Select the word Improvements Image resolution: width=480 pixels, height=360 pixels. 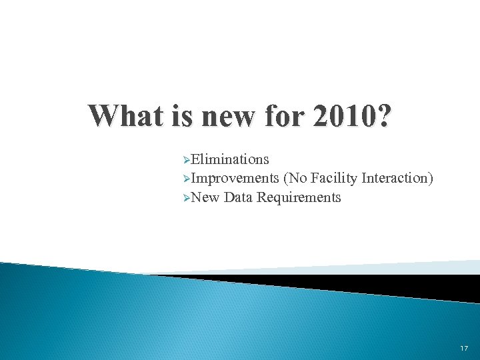tap(235, 179)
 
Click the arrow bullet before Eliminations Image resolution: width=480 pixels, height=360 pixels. tap(186, 160)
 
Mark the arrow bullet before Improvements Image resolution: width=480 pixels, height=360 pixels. tap(186, 179)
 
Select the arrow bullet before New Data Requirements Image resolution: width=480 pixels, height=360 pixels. tap(186, 198)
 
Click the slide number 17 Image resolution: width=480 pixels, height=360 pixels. tap(464, 349)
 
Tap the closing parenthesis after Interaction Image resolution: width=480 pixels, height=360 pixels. tap(431, 179)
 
